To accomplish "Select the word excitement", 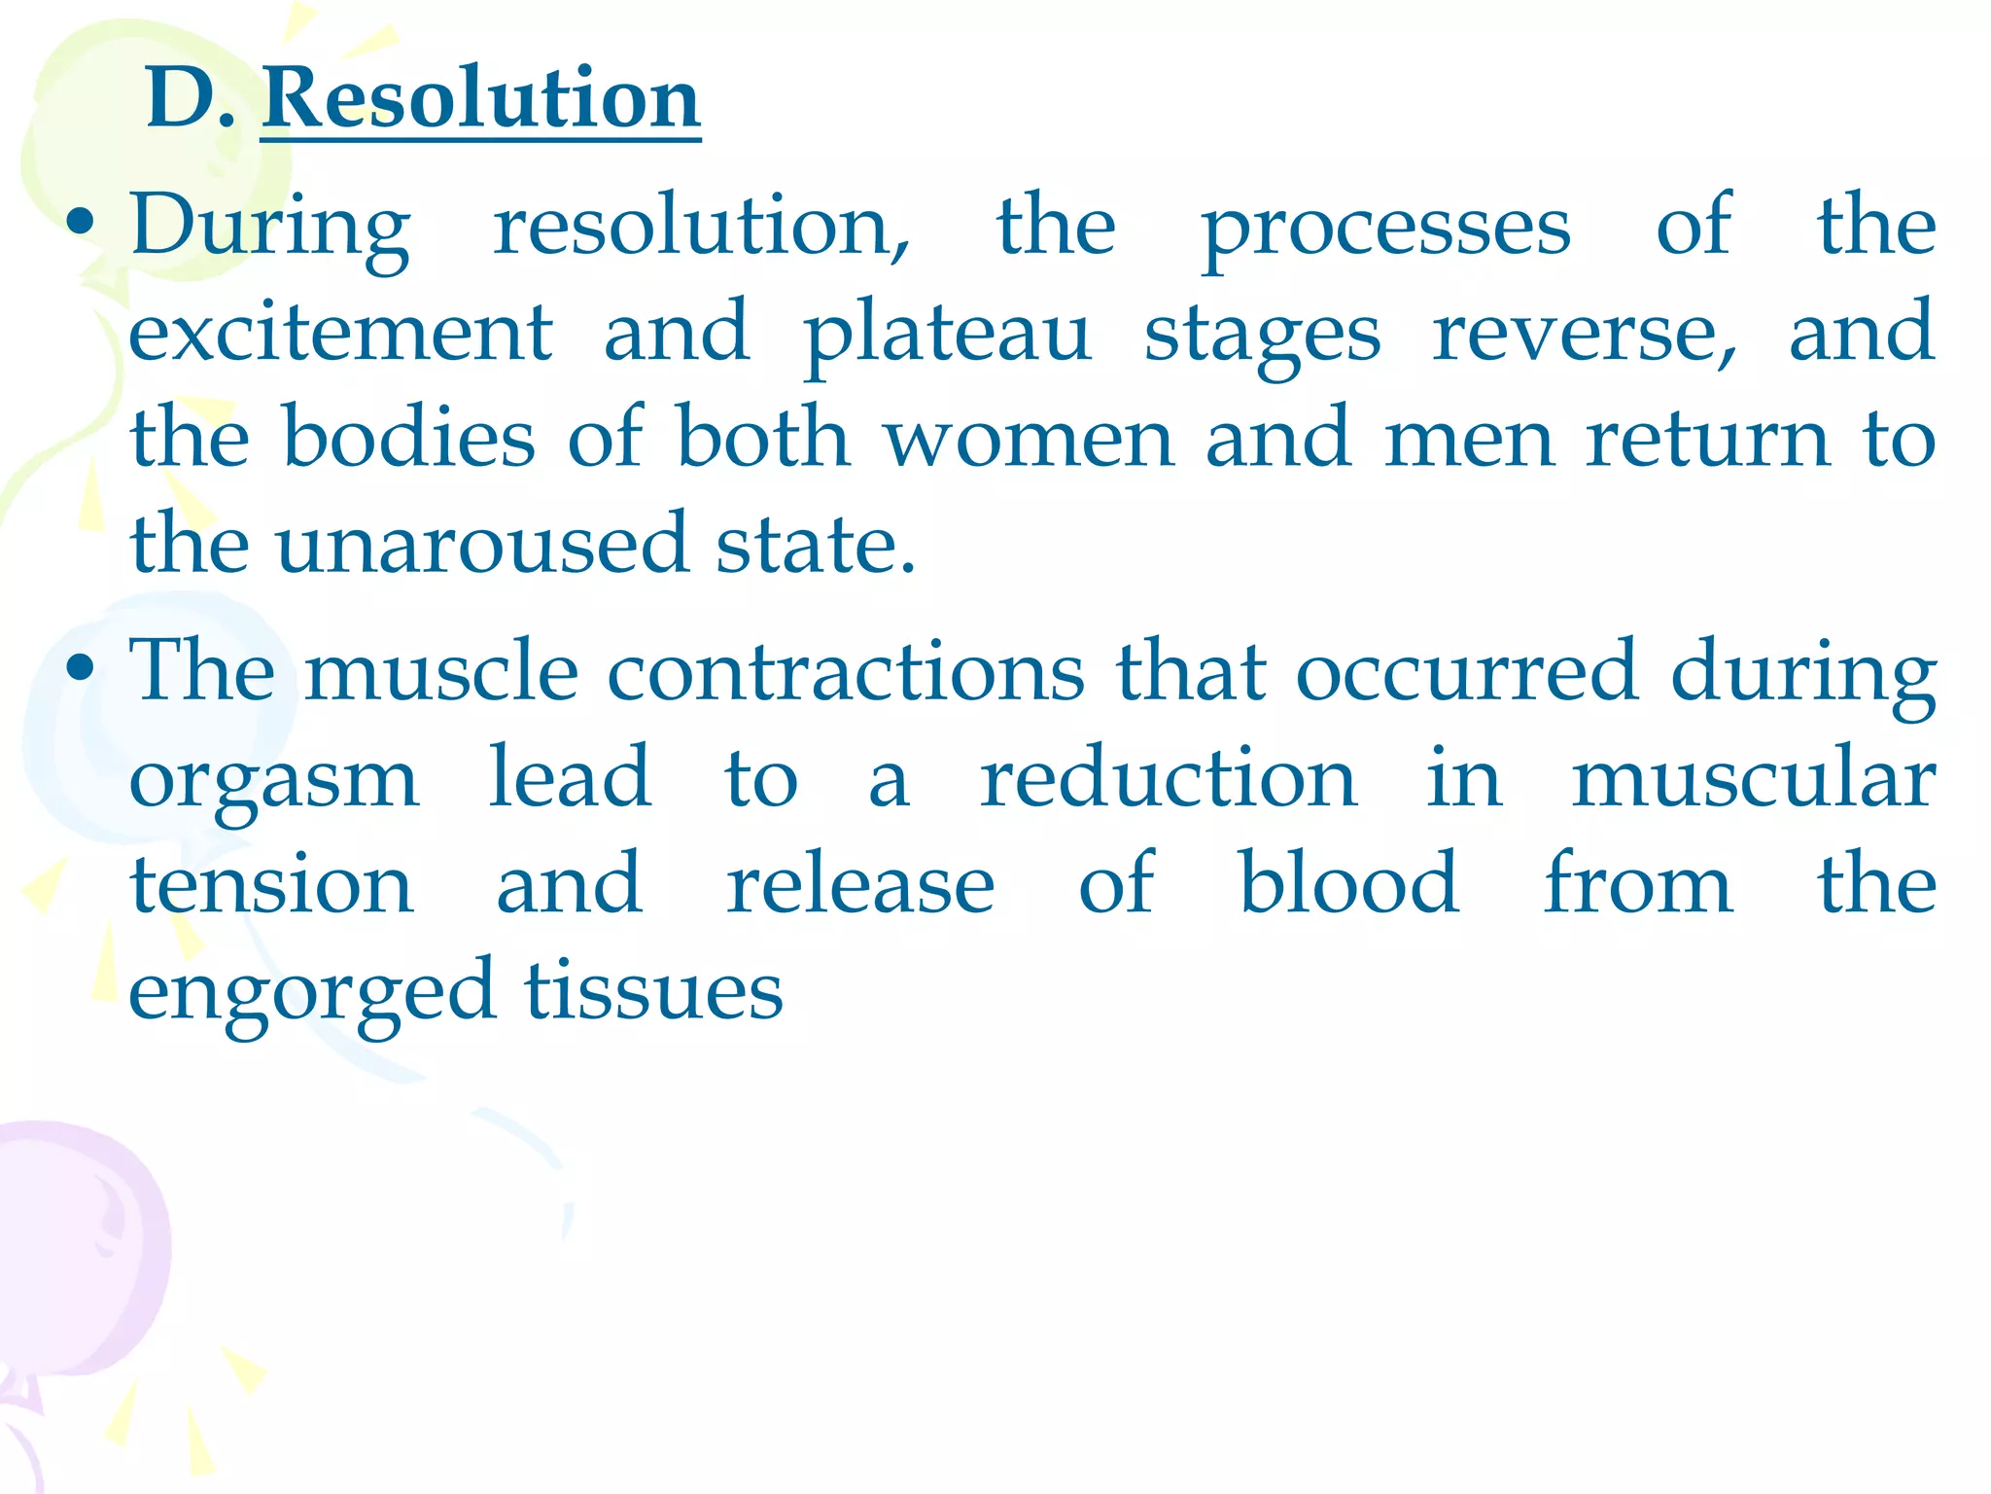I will pos(340,332).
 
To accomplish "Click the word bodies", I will pos(408,437).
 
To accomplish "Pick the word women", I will pos(1029,439).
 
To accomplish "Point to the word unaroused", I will pos(481,544).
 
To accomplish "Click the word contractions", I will pos(845,671).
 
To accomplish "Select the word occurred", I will pos(1467,671).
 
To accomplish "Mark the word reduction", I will pos(1168,777).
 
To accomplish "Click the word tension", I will pos(272,884).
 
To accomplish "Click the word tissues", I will pos(653,991).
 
